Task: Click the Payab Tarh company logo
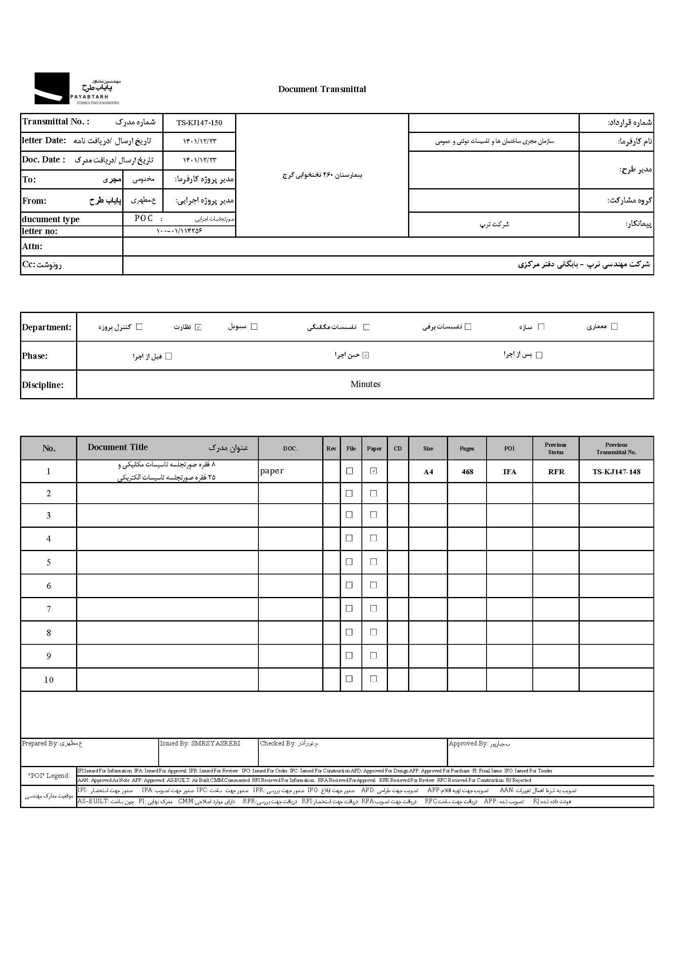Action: pyautogui.click(x=77, y=88)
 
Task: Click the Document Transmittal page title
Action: pyautogui.click(x=322, y=89)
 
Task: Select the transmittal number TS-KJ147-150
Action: pyautogui.click(x=199, y=123)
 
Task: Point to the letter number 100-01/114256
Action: pyautogui.click(x=179, y=231)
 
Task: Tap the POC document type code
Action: pyautogui.click(x=144, y=218)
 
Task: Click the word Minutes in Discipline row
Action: pyautogui.click(x=365, y=384)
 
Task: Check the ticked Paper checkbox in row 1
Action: pyautogui.click(x=374, y=471)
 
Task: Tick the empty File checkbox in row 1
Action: pyautogui.click(x=350, y=471)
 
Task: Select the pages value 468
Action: pyautogui.click(x=467, y=472)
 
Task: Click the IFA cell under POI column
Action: pyautogui.click(x=509, y=472)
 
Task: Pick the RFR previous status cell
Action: pyautogui.click(x=556, y=472)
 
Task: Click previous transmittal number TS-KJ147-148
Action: pyautogui.click(x=616, y=472)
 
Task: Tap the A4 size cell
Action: pyautogui.click(x=428, y=472)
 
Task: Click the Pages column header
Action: pyautogui.click(x=467, y=448)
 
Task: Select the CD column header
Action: pyautogui.click(x=398, y=448)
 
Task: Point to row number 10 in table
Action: pyautogui.click(x=49, y=680)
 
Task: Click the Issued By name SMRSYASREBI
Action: pyautogui.click(x=215, y=743)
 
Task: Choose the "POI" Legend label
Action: pyautogui.click(x=49, y=775)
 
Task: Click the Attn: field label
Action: pyautogui.click(x=32, y=246)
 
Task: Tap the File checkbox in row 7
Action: pyautogui.click(x=350, y=608)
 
